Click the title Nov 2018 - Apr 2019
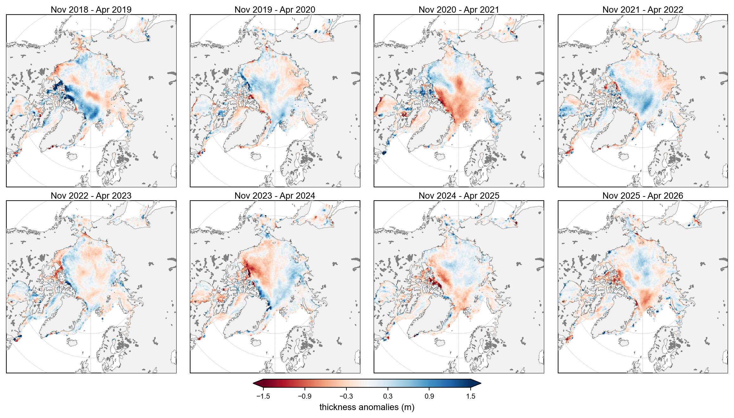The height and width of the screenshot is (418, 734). coord(91,10)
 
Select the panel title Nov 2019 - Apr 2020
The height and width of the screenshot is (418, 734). coord(275,10)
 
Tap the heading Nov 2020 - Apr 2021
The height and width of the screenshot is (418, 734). coord(459,10)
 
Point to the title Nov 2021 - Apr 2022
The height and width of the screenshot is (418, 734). coord(643,10)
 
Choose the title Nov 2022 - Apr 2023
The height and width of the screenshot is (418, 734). coord(91,196)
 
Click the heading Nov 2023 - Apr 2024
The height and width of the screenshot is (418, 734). coord(275,196)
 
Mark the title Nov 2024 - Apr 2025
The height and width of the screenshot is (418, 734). coord(459,196)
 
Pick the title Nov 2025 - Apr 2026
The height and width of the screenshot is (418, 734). coord(643,196)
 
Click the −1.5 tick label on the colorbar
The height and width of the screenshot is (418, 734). coord(263,396)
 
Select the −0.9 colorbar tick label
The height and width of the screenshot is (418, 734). coord(305,396)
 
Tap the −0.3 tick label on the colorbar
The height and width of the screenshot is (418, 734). coord(346,396)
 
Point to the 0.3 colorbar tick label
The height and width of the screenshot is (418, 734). coord(388,396)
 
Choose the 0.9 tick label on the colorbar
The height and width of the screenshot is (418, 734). coord(429,396)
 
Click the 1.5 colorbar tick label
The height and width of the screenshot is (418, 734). coord(471,396)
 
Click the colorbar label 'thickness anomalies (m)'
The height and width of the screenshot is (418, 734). coord(367,407)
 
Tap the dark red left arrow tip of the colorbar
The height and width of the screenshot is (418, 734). coord(253,383)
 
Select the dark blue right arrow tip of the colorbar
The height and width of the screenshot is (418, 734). coord(481,383)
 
